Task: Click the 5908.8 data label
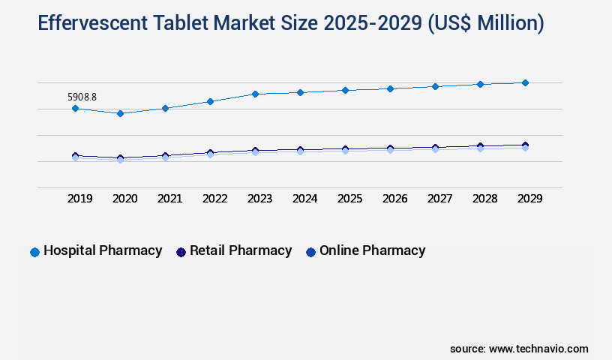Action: pos(82,97)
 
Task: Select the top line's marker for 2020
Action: pos(120,113)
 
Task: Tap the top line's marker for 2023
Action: pos(255,94)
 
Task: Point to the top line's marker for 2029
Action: pos(525,82)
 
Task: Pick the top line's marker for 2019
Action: pos(75,108)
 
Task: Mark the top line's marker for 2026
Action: pos(390,88)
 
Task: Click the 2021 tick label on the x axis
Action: pos(169,199)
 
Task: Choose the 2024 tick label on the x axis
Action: pos(304,199)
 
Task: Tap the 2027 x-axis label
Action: pos(439,199)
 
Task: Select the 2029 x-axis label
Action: pos(529,199)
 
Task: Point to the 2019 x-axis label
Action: pos(79,199)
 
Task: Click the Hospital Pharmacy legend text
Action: pos(103,250)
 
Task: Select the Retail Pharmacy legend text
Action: pos(241,250)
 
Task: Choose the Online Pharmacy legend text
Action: pos(372,250)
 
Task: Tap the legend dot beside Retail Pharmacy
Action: pos(181,252)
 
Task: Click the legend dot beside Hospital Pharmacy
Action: pos(34,252)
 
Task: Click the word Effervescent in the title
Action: pos(92,24)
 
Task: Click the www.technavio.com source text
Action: pos(538,349)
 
